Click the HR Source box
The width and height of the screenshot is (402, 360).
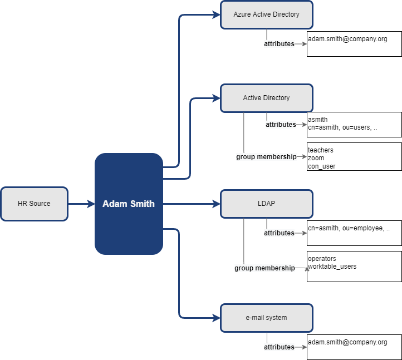coord(34,204)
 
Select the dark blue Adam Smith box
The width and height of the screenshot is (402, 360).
coord(129,204)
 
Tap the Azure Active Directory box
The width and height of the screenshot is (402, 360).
coord(266,14)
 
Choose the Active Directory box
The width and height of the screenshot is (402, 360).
coord(266,98)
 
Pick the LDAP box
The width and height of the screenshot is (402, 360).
coord(266,204)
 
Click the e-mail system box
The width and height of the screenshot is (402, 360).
coord(266,318)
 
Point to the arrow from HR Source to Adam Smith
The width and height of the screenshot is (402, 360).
coord(81,204)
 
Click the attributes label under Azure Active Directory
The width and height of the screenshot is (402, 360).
coord(279,44)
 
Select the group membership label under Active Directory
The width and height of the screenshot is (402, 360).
coord(266,157)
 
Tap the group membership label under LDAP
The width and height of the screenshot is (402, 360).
coord(264,268)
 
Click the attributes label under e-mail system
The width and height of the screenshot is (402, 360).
coord(279,347)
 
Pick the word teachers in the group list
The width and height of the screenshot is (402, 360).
coord(321,150)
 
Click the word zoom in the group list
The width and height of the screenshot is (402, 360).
coord(316,158)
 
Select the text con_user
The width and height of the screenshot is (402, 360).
coord(322,166)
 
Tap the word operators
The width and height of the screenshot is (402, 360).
coord(322,259)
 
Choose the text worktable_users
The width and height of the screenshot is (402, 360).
coord(332,267)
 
